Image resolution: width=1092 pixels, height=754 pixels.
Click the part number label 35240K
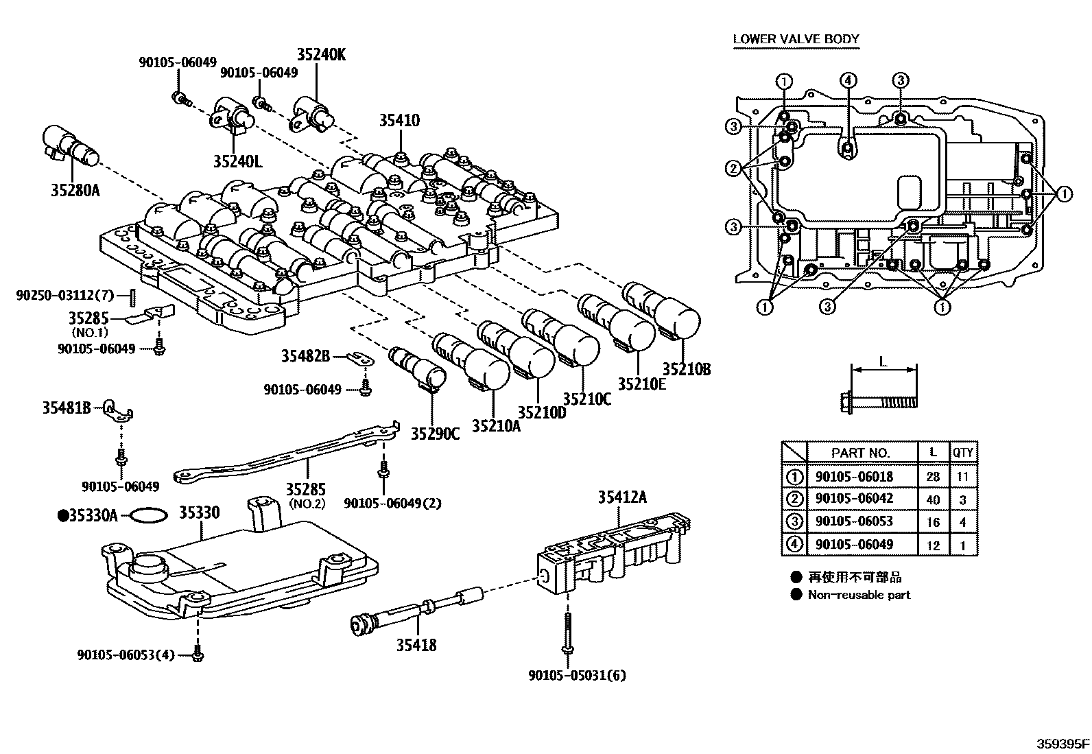click(321, 55)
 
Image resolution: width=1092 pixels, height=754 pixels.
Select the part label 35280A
click(75, 189)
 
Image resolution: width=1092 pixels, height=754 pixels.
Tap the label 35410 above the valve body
click(399, 121)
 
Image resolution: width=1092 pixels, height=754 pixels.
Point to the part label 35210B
click(686, 369)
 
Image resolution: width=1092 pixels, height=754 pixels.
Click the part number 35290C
click(435, 433)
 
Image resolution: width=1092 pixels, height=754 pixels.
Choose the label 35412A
click(621, 498)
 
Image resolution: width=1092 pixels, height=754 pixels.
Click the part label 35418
click(416, 644)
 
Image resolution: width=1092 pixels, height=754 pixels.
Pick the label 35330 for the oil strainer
click(200, 514)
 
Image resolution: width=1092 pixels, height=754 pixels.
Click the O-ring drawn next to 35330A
click(148, 515)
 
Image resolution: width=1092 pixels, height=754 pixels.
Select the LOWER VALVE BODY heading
click(796, 38)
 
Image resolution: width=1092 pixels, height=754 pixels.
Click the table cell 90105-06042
click(854, 499)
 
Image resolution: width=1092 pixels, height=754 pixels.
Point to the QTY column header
click(962, 452)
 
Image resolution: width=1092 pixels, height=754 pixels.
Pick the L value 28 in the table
click(933, 477)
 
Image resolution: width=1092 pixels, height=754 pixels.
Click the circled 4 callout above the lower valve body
click(848, 81)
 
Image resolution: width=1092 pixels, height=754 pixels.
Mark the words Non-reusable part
click(859, 595)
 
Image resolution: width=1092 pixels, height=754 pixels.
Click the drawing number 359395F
click(1062, 743)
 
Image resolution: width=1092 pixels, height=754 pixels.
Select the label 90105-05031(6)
click(577, 675)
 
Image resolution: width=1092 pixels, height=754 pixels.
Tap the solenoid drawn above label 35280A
click(71, 146)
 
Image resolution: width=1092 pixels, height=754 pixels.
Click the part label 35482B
click(305, 356)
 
